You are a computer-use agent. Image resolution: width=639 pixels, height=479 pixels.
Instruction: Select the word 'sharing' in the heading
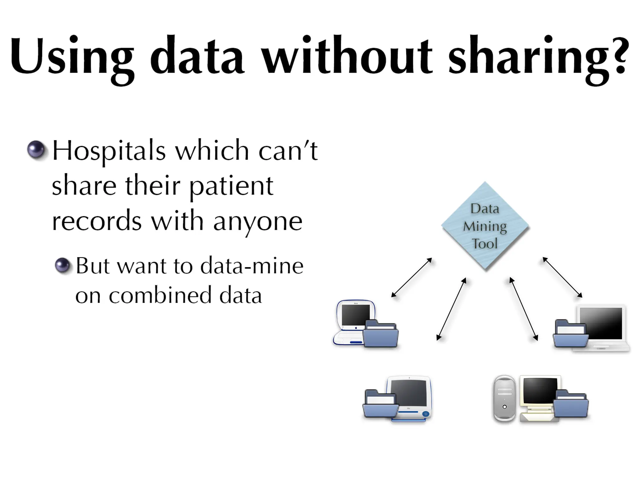530,58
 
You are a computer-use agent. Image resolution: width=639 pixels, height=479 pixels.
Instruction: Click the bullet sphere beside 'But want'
62,266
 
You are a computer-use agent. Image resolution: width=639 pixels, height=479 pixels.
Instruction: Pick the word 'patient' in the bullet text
231,186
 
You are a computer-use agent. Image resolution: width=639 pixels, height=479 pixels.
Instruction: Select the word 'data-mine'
251,266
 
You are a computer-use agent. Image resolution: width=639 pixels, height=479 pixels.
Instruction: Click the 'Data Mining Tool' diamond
485,226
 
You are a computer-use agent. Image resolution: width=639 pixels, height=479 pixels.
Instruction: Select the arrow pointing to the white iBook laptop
412,277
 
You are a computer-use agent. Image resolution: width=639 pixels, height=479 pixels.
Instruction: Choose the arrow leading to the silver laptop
562,277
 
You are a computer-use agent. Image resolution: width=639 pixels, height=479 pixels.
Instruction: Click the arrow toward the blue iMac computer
451,309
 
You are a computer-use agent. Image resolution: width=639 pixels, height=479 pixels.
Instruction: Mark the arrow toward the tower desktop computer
524,309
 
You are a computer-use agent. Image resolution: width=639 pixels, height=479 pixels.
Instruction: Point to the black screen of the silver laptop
601,323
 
